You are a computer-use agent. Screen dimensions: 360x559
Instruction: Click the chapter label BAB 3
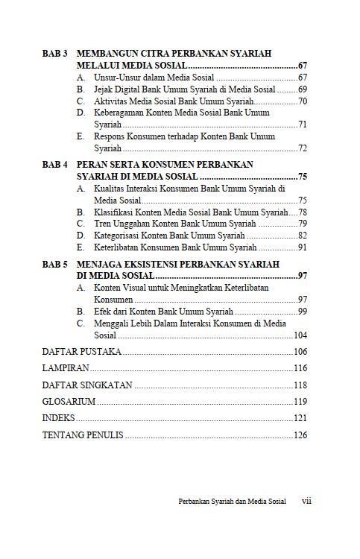tap(56, 54)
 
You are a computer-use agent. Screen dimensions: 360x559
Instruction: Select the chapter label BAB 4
tap(56, 164)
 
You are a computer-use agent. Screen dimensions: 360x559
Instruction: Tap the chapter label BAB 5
tap(56, 264)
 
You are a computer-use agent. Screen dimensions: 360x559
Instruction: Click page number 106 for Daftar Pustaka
tap(300, 351)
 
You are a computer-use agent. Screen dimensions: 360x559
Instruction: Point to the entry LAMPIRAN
tap(66, 368)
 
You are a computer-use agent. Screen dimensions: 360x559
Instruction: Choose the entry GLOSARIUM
tap(69, 401)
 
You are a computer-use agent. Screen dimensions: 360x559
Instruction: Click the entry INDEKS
tap(59, 417)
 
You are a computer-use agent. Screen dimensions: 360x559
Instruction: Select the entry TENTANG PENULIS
tap(83, 435)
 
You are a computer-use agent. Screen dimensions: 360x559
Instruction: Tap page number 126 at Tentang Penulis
tap(300, 435)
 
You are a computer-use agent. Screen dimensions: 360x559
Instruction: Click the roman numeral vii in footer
tap(306, 502)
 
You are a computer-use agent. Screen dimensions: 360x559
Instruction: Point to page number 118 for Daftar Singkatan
tap(300, 385)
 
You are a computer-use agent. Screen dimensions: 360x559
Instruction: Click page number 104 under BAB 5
tap(300, 335)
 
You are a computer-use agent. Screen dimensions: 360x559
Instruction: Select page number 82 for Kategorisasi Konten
tap(303, 236)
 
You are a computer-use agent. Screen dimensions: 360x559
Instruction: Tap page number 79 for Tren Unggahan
tap(303, 224)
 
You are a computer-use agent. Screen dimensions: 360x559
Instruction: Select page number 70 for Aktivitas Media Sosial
tap(303, 101)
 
